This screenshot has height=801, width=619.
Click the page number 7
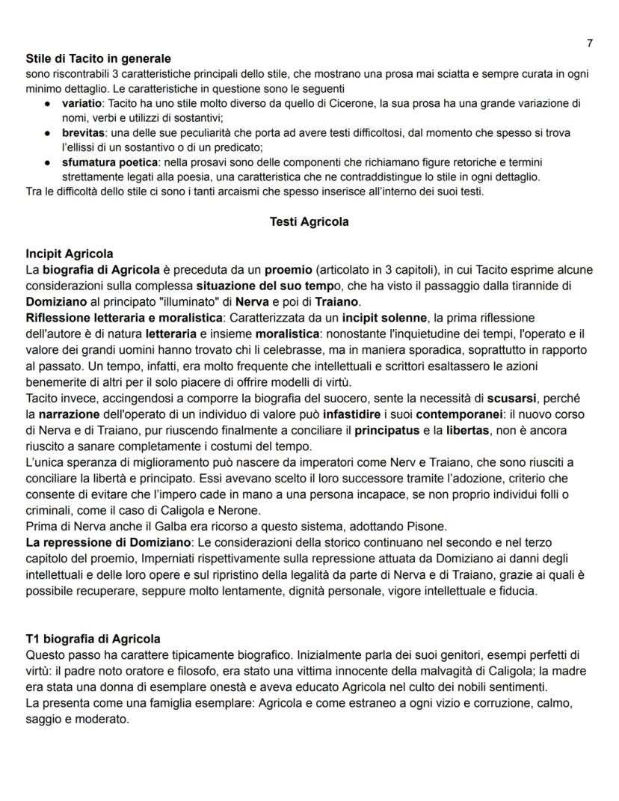click(x=591, y=43)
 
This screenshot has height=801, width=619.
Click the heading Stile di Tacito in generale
click(x=98, y=58)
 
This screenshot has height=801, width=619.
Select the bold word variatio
click(x=82, y=103)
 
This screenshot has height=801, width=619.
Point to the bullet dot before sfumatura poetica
click(x=48, y=162)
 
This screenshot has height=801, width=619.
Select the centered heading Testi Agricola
click(x=309, y=221)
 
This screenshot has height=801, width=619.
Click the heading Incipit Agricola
click(x=69, y=254)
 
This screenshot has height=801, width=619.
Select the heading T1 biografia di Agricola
click(x=93, y=639)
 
